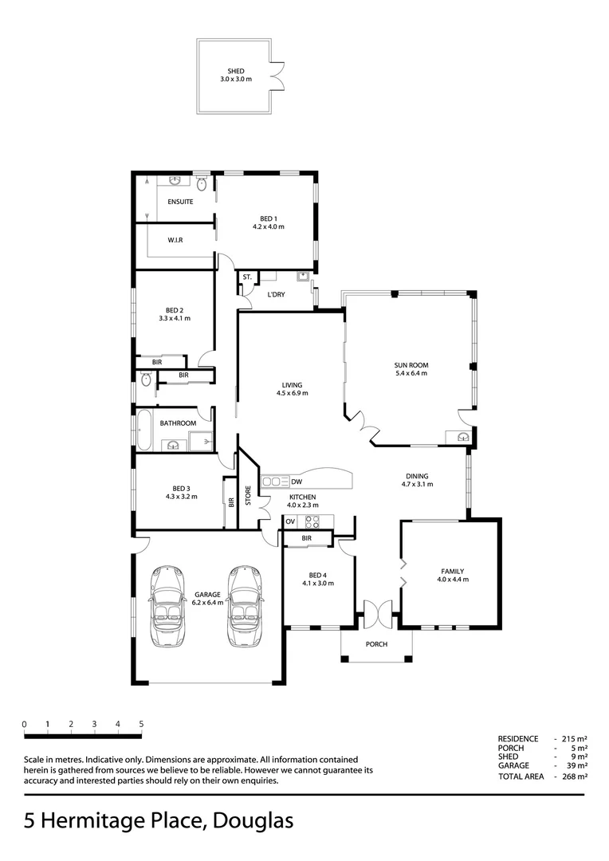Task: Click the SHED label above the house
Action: coord(235,72)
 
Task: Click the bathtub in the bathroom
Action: coord(145,431)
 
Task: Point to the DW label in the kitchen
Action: coord(297,482)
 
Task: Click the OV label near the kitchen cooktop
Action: coord(290,521)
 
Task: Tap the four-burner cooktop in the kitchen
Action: coord(312,522)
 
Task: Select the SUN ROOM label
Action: coord(411,364)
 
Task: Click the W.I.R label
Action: coord(176,239)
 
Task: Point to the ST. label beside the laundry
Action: coord(247,277)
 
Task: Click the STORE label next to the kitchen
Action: coord(248,495)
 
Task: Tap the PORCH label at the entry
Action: coord(376,644)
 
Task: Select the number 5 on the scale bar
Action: coord(141,724)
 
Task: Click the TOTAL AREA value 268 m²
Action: coord(575,776)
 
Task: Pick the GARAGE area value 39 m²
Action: coord(576,766)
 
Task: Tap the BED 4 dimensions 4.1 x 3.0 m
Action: coord(317,583)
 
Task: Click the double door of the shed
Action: coord(277,77)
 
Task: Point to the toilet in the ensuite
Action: coord(202,185)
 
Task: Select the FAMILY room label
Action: coord(452,571)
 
